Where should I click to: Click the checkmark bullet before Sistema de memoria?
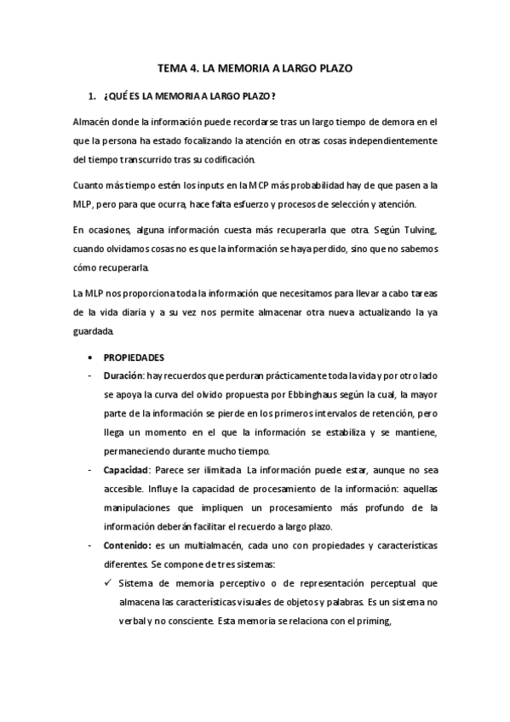pyautogui.click(x=106, y=582)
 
